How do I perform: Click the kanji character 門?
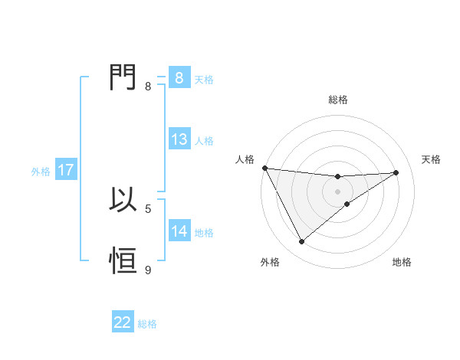click(x=123, y=77)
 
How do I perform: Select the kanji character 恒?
click(x=123, y=261)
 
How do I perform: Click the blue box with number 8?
click(x=179, y=78)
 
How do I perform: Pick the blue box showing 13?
click(x=179, y=140)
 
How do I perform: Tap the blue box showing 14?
click(x=179, y=231)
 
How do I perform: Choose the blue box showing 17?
click(x=65, y=171)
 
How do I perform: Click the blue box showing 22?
click(x=123, y=322)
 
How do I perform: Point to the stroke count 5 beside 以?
click(x=148, y=208)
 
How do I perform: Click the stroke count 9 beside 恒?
click(x=148, y=270)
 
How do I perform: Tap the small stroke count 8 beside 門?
click(x=148, y=86)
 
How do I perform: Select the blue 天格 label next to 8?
click(x=204, y=79)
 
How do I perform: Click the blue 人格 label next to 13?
click(x=204, y=141)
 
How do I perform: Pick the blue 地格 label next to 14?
click(x=204, y=232)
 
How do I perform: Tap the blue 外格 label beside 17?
click(x=41, y=172)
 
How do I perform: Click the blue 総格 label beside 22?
click(x=147, y=323)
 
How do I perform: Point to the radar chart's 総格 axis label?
click(x=337, y=100)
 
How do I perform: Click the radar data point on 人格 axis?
click(x=264, y=168)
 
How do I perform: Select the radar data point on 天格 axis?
click(x=396, y=172)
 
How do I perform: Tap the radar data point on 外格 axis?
click(x=301, y=242)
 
